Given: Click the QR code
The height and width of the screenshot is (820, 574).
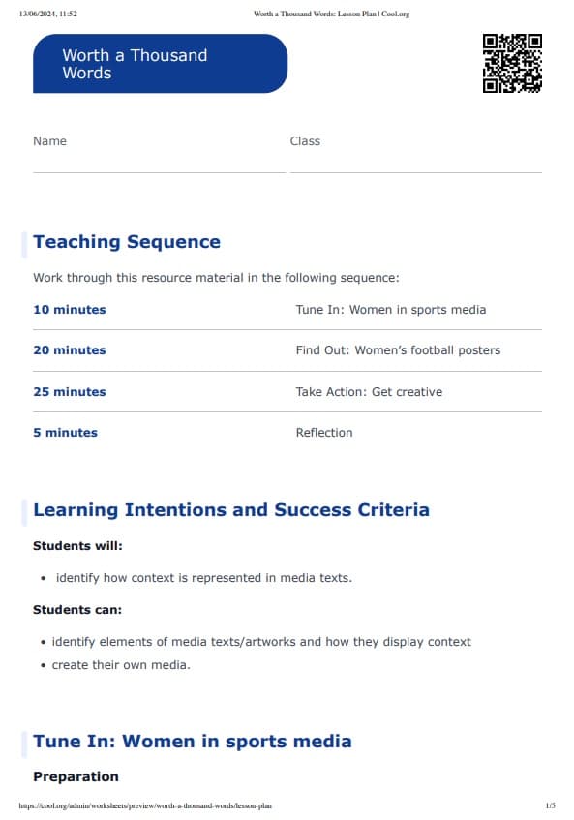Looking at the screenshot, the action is pos(512,63).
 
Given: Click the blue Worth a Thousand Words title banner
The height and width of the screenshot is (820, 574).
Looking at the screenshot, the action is pos(160,64).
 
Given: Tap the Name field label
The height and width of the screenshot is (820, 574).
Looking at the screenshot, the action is pos(49,141).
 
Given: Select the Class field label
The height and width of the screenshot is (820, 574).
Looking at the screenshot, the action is pos(305,141).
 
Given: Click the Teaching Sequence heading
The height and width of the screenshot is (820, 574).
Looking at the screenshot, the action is pos(127,242).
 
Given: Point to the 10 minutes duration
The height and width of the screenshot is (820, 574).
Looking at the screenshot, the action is pos(70,310).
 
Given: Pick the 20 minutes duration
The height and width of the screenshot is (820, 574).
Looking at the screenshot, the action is pos(70,350).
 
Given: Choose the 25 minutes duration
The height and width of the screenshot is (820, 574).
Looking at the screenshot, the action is pos(70,392).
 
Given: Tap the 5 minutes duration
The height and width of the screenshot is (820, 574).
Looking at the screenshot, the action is pos(65,433).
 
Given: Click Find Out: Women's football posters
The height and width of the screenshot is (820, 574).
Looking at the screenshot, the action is pos(398,350).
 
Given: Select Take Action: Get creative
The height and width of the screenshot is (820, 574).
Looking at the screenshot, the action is pos(369,392).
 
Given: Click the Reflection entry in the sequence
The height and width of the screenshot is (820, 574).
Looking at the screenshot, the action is pos(324,433).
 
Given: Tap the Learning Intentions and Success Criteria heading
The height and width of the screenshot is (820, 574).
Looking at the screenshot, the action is pos(231,510).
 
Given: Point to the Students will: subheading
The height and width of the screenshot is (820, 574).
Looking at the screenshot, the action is pos(77,546).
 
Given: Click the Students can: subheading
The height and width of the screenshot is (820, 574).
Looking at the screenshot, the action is pos(77,610).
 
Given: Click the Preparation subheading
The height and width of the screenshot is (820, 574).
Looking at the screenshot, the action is pos(76,776).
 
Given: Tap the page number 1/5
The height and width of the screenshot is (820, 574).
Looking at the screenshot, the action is pos(550,805).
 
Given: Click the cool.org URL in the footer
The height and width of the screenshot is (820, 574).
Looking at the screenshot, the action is pos(145,805).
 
